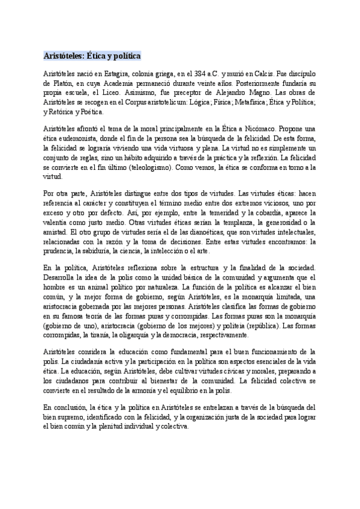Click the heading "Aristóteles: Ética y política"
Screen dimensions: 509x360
[x=92, y=55]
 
